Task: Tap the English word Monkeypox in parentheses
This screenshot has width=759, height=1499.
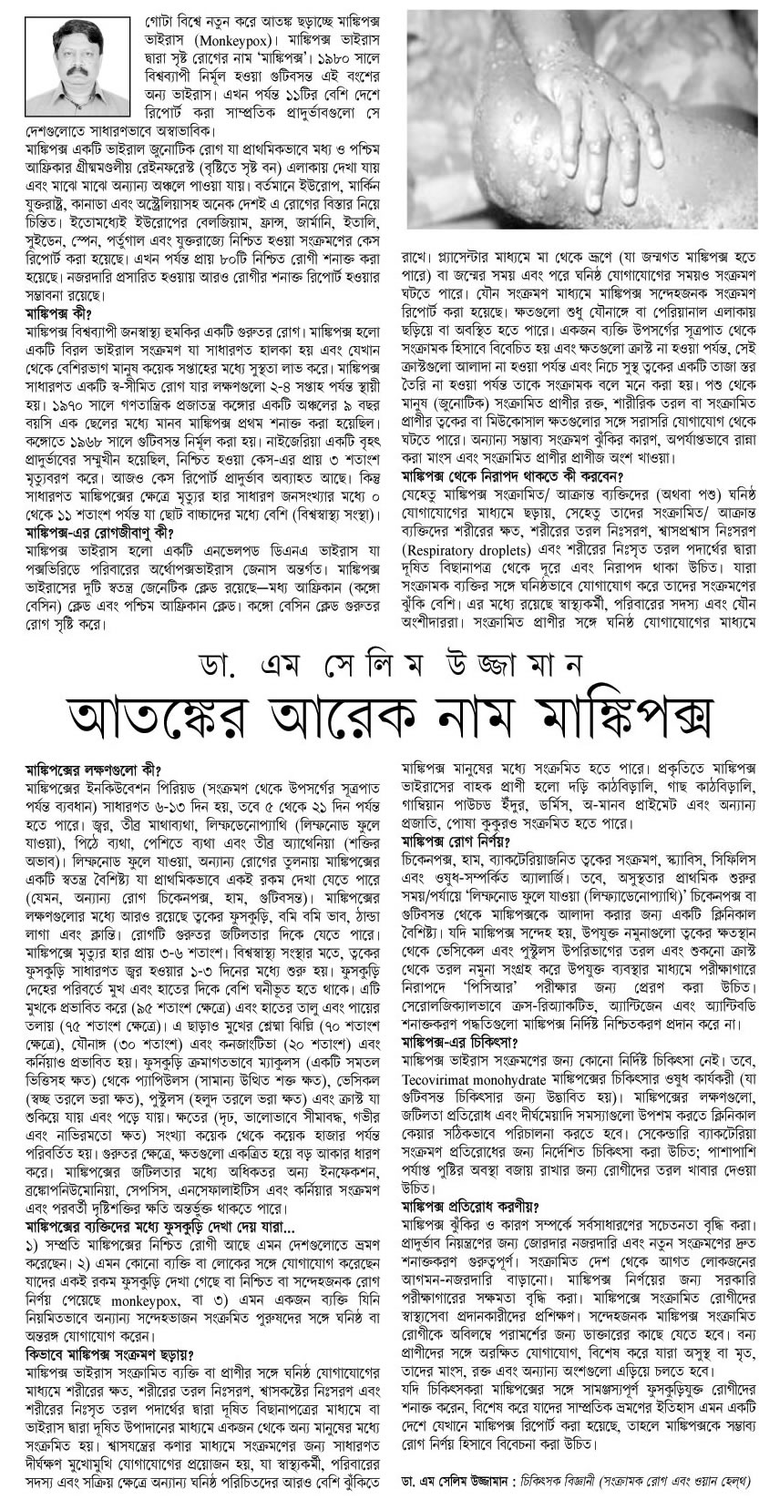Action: [228, 42]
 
